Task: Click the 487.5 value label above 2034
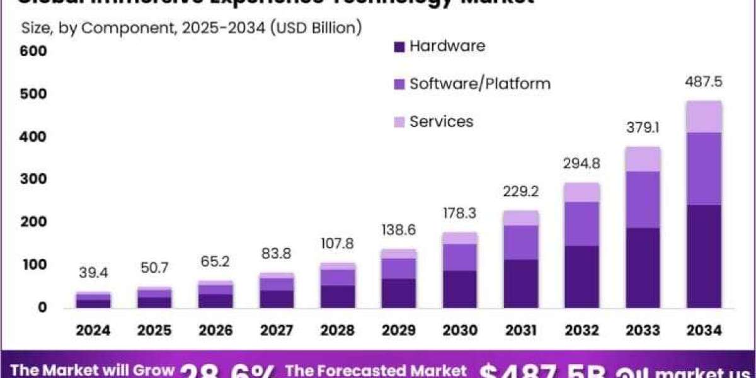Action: tap(704, 83)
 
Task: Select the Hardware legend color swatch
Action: tap(398, 47)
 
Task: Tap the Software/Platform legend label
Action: tap(479, 83)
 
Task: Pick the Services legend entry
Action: tap(441, 121)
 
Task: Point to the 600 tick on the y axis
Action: tap(34, 50)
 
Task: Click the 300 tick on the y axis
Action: tap(34, 179)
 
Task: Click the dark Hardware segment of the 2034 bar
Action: tap(704, 255)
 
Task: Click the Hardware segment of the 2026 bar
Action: tap(215, 301)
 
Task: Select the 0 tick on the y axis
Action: tap(42, 307)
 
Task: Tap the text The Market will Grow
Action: tap(92, 370)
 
